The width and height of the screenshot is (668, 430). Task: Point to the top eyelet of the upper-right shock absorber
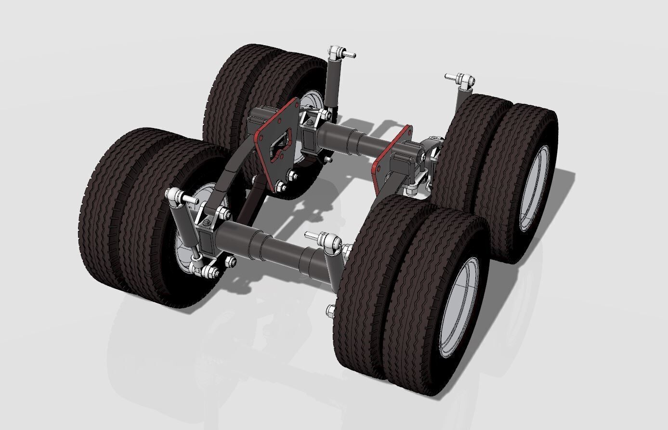pyautogui.click(x=465, y=79)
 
